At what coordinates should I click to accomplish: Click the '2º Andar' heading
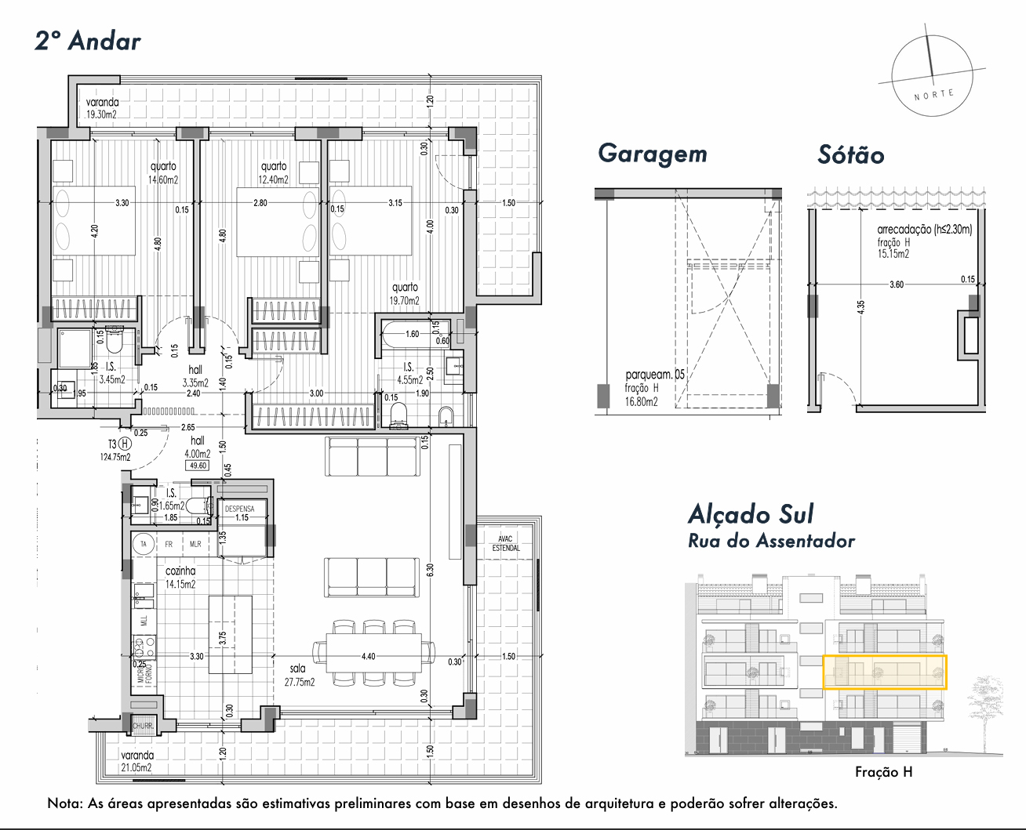point(88,41)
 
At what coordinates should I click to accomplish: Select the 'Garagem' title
point(652,154)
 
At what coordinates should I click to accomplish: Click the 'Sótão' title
point(850,155)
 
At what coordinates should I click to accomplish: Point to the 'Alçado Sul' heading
point(751,514)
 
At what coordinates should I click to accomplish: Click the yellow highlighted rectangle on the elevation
point(884,672)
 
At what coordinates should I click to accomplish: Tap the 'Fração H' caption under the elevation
point(883,772)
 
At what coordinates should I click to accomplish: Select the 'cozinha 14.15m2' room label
point(180,577)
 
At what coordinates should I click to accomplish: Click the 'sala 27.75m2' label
point(299,675)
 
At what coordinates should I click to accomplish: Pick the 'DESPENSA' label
point(240,509)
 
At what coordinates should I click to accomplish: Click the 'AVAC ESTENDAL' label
point(506,543)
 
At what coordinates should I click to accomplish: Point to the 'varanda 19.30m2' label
point(102,108)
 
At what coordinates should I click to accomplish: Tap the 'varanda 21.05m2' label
point(136,761)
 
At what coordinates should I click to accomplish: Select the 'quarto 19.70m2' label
point(405,293)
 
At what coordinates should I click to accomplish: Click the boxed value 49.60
point(196,466)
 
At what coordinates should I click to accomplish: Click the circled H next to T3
point(124,444)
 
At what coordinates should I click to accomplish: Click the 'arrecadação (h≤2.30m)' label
point(924,230)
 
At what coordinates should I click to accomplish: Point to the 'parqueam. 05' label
point(655,375)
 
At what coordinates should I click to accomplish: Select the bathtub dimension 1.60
point(412,334)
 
